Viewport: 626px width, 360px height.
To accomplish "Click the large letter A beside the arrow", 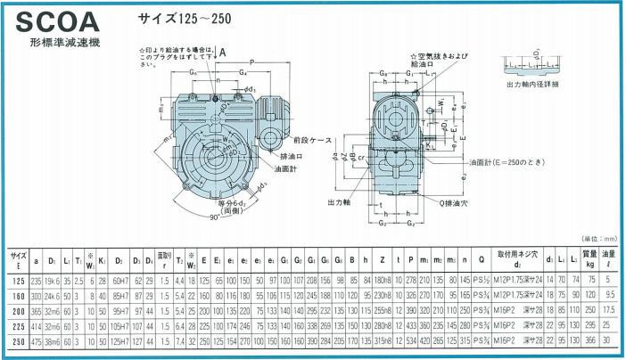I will tap(221, 52).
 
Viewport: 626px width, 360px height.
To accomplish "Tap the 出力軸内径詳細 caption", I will tap(533, 85).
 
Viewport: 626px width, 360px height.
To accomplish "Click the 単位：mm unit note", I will tap(597, 239).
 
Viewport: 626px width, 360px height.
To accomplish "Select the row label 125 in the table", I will tap(17, 280).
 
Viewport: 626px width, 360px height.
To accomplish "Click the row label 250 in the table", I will tap(17, 341).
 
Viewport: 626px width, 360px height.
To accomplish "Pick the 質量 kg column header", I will tap(589, 259).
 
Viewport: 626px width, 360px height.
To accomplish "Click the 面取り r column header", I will tap(164, 259).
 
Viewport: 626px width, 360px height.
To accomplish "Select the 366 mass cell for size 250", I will tap(589, 341).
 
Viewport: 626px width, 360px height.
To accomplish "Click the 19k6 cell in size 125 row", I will tap(51, 280).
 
